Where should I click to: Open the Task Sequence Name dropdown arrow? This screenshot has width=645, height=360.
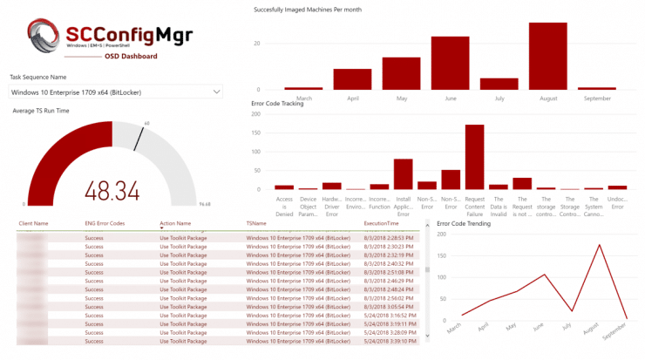point(215,92)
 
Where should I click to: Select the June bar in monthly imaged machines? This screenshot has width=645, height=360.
point(450,63)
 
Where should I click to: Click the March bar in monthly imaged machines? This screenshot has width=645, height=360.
point(303,88)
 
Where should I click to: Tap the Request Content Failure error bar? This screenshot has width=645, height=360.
point(474,157)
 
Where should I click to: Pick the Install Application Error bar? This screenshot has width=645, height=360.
point(403,174)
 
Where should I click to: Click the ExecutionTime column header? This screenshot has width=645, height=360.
point(381,224)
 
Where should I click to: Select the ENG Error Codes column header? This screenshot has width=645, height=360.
point(105,224)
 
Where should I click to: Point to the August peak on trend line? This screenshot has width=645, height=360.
point(599,245)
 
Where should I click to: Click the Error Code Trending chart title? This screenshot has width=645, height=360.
point(464,224)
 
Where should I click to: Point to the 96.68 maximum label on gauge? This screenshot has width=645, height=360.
point(205,204)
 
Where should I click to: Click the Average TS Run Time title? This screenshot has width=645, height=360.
point(42,110)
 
